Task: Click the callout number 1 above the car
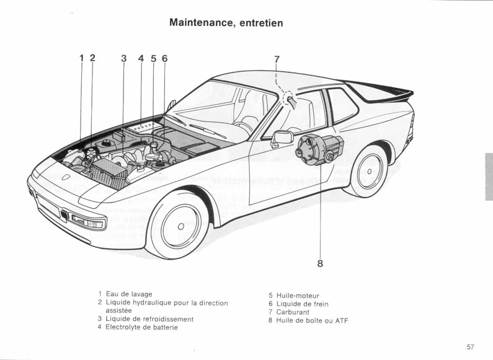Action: point(82,58)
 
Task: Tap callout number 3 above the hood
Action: point(124,58)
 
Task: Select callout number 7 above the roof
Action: point(277,59)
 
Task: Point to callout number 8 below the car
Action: point(320,263)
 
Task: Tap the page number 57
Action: point(470,347)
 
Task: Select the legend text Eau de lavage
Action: point(129,294)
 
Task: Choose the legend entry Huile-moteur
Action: point(298,296)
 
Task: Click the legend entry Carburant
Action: point(293,312)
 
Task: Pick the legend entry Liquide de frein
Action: point(303,304)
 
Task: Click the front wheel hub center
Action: point(180,227)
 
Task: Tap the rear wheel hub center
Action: point(370,172)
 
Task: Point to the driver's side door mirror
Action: point(282,138)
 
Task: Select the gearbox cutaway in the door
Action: point(319,149)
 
